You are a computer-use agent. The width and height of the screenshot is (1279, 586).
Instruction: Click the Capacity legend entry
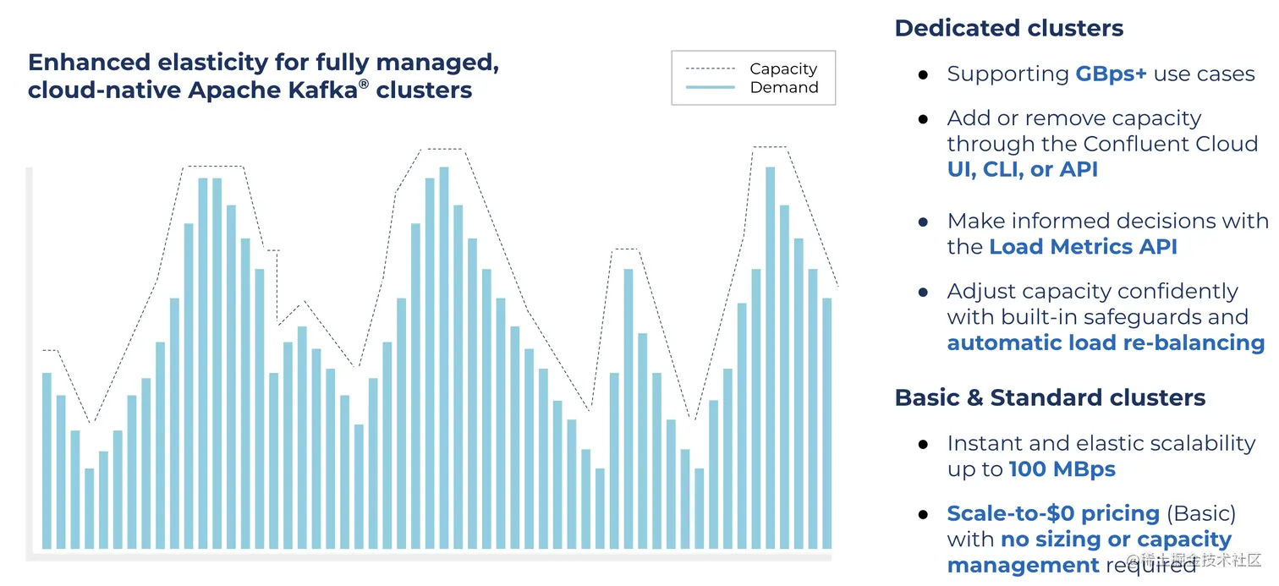tap(782, 68)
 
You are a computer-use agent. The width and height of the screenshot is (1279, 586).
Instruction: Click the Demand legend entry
tap(783, 87)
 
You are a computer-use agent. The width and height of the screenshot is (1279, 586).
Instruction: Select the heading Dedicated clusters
tap(1008, 28)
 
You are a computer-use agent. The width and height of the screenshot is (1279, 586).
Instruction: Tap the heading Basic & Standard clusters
tap(1050, 397)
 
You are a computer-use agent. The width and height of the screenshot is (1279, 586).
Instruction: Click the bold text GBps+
tap(1111, 74)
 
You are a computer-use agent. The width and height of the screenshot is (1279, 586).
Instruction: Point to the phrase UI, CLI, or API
tap(1022, 169)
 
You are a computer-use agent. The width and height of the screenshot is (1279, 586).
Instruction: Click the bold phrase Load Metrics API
tap(1083, 247)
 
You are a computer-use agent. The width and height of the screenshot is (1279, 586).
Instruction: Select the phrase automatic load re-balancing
tap(1105, 342)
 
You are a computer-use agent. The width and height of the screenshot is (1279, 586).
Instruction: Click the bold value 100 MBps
tap(1062, 469)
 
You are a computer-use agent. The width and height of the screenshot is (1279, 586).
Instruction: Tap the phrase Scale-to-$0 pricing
tap(1052, 513)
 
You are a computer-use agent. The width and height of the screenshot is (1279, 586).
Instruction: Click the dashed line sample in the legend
tap(710, 68)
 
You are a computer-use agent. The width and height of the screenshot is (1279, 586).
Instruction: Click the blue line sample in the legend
tap(710, 87)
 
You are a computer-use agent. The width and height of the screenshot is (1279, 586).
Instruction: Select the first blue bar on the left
tap(47, 460)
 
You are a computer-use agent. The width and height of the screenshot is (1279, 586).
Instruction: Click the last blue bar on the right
tap(827, 423)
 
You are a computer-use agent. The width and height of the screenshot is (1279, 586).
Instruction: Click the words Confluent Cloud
tap(1170, 144)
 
